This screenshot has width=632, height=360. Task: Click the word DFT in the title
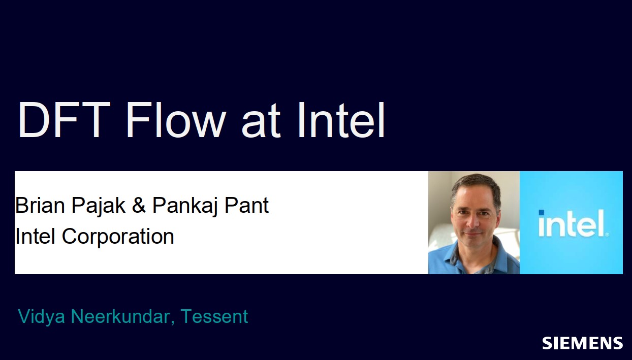click(64, 120)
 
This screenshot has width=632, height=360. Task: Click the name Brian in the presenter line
click(40, 205)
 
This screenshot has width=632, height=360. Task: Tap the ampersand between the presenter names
click(139, 205)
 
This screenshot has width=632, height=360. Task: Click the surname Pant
click(246, 205)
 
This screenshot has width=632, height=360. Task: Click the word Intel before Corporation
click(35, 236)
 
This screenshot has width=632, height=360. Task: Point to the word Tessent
click(214, 316)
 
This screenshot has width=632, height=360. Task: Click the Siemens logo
click(582, 343)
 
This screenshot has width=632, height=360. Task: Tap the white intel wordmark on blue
click(573, 223)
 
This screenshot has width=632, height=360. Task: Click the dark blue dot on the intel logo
click(542, 213)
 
